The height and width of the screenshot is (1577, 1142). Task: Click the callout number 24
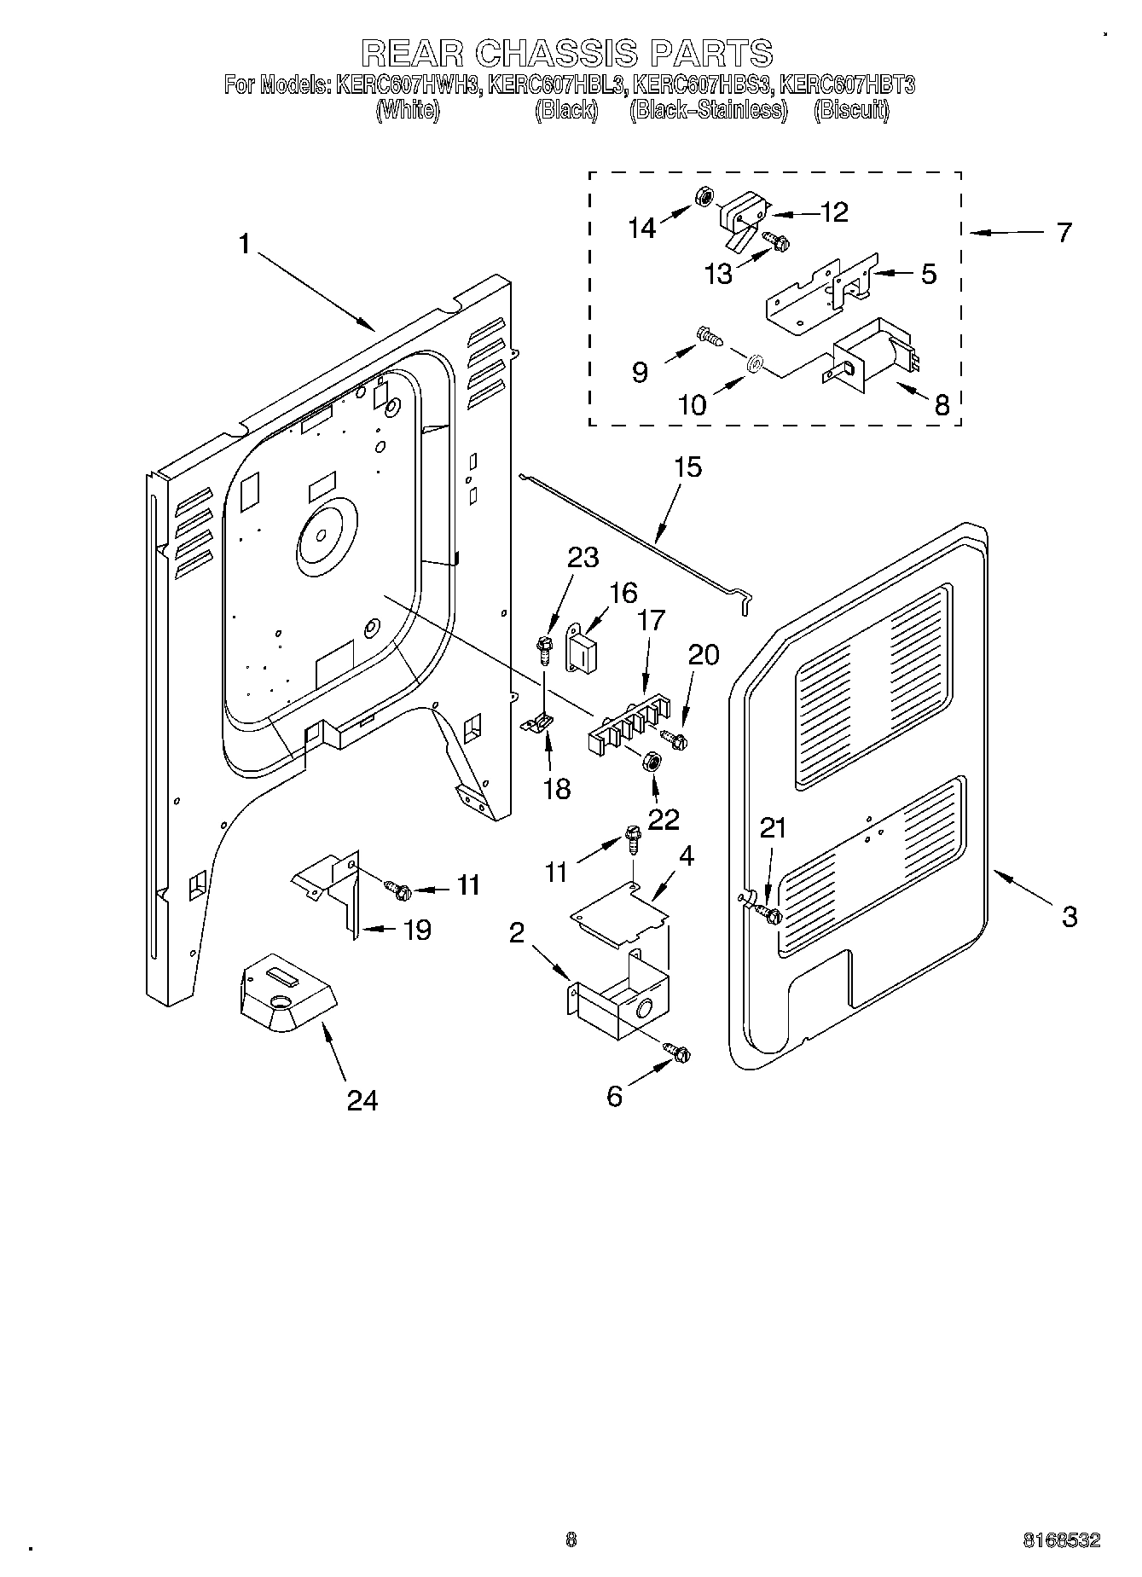pos(362,1100)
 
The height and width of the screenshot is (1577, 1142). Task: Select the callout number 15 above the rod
pos(687,467)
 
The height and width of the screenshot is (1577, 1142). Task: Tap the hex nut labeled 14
pos(704,197)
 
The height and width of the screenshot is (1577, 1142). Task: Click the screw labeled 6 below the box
pos(679,1053)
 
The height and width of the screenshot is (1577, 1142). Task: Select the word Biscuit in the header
pos(851,111)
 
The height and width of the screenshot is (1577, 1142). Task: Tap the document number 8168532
pos(1061,1539)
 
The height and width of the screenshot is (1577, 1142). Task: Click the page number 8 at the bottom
pos(571,1539)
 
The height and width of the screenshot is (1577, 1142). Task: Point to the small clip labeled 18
pos(537,724)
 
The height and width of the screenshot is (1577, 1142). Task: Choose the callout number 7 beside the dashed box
pos(1063,232)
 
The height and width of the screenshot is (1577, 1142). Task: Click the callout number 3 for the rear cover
pos(1069,917)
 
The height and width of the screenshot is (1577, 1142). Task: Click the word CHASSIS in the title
pos(556,53)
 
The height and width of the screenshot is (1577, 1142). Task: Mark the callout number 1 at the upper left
pos(244,245)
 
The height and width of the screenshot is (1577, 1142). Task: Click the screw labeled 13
pos(776,242)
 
